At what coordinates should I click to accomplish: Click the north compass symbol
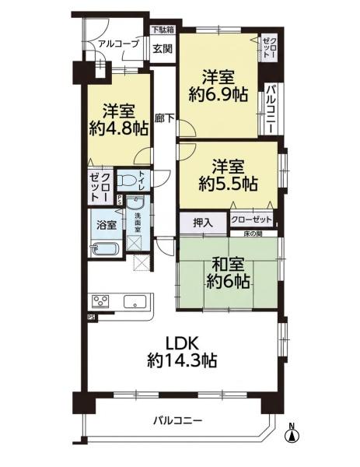(292, 434)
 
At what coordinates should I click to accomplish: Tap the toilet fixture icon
(127, 180)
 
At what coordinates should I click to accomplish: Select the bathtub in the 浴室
(107, 249)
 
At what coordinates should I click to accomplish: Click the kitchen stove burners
(101, 300)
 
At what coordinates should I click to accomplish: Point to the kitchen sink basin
(135, 302)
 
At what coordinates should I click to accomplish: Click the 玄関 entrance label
(163, 48)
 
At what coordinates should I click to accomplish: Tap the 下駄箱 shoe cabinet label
(163, 30)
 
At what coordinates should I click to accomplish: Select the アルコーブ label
(118, 44)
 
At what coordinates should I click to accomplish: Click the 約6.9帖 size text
(218, 95)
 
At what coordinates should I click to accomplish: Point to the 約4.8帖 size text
(119, 128)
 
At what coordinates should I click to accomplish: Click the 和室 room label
(228, 263)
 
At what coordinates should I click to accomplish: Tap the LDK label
(182, 344)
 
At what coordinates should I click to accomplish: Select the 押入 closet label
(203, 223)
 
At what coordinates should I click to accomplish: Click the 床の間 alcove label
(253, 234)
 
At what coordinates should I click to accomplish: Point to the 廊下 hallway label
(165, 118)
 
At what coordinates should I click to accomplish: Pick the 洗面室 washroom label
(137, 222)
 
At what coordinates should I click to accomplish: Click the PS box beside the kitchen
(92, 318)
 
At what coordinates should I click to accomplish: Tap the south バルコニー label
(178, 421)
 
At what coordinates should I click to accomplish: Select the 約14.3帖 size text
(182, 360)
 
